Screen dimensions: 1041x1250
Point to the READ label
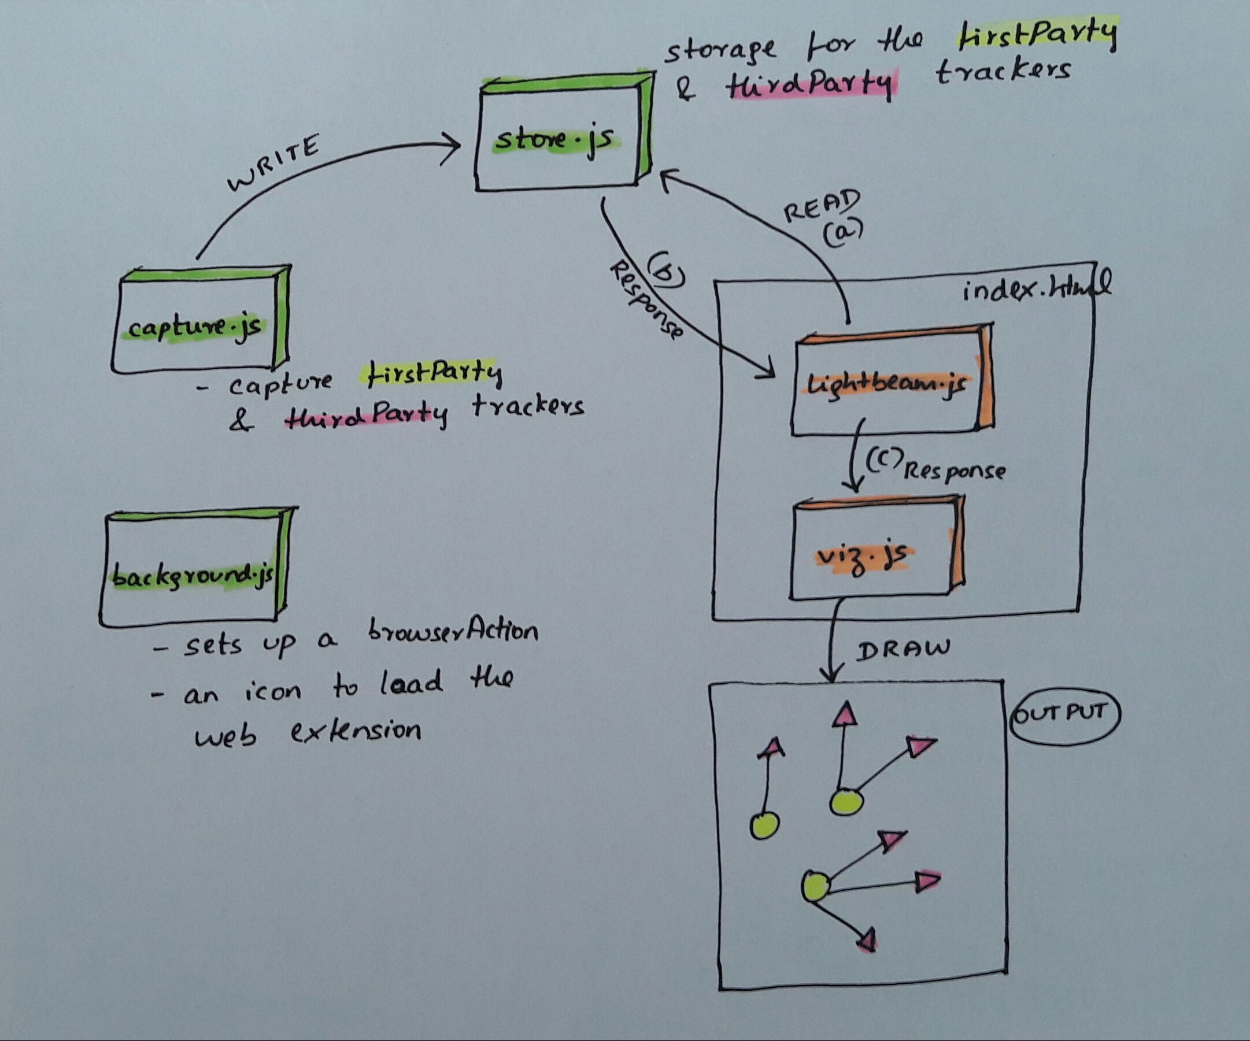point(822,205)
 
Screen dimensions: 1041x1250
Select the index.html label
point(1035,288)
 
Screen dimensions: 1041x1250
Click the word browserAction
point(452,631)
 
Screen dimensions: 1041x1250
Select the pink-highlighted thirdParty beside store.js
point(809,86)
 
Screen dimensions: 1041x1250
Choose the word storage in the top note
point(720,51)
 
